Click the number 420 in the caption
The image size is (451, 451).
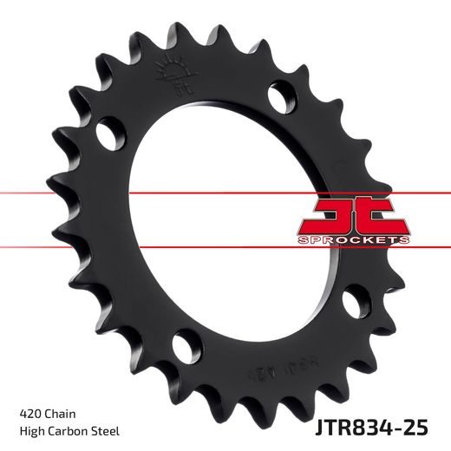29,413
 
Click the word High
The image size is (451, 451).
30,431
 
